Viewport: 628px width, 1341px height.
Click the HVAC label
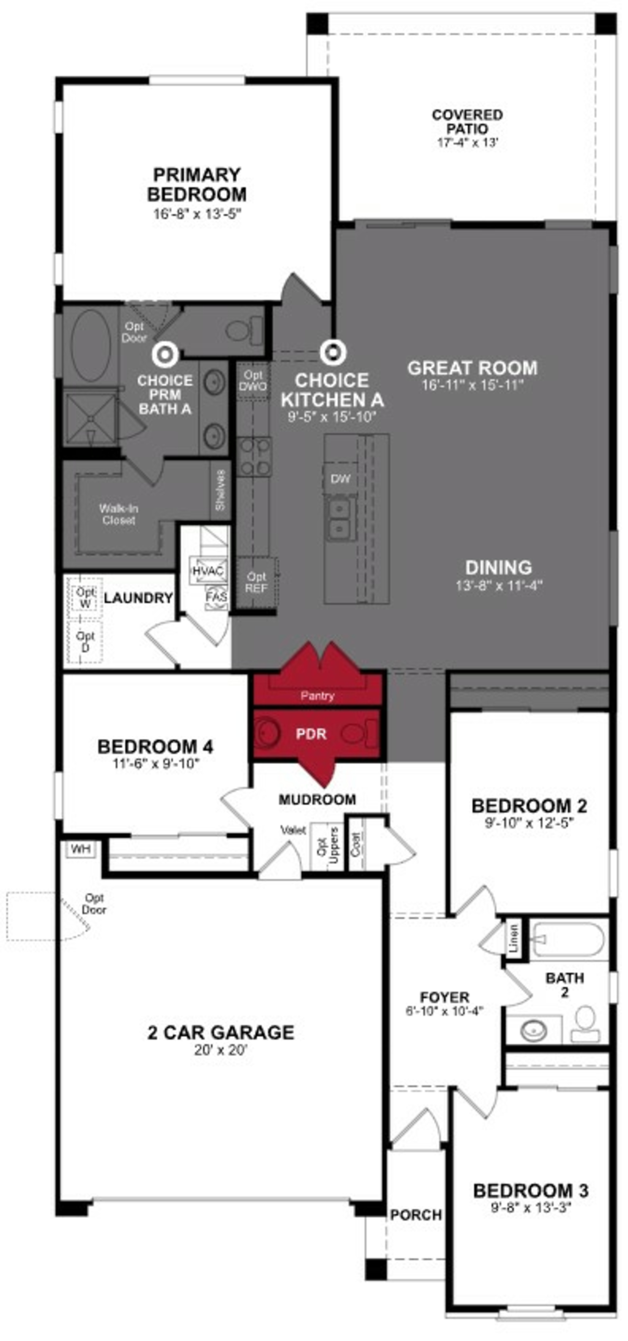[x=208, y=571]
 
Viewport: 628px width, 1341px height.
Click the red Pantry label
[x=317, y=695]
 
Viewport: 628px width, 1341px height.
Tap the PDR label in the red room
[x=311, y=734]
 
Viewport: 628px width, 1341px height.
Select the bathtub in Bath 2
[x=568, y=940]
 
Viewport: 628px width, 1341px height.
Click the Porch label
[x=416, y=1214]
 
